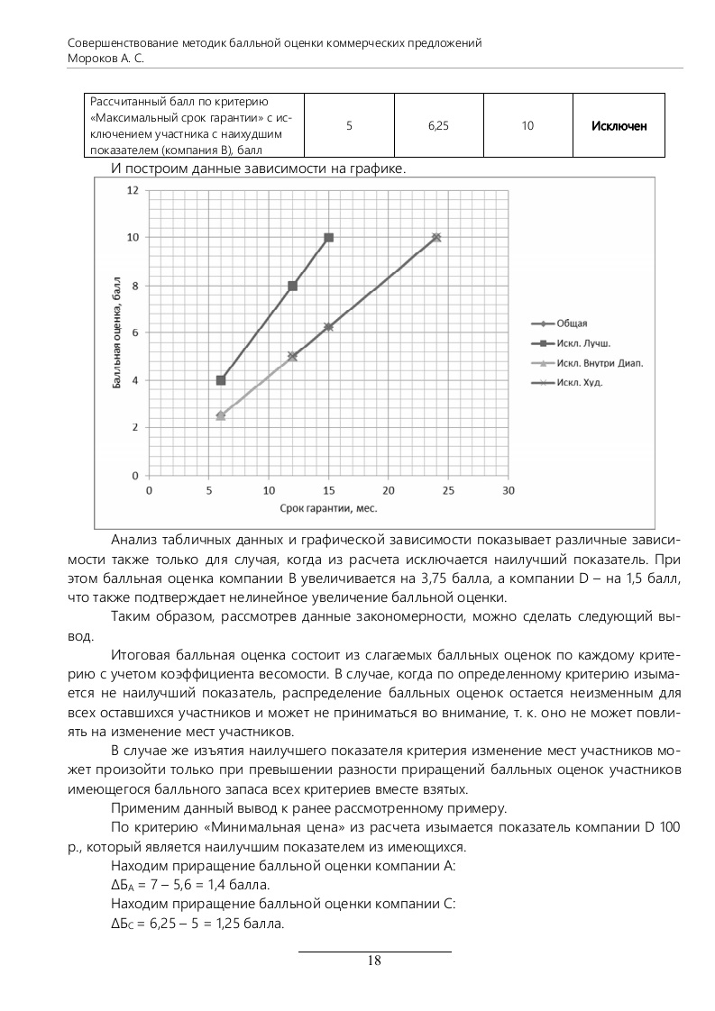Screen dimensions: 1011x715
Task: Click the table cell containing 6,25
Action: [x=438, y=126]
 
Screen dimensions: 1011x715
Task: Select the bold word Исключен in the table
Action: [x=619, y=126]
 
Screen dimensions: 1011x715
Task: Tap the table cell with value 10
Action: [x=527, y=126]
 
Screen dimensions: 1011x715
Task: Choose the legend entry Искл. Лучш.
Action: [x=583, y=343]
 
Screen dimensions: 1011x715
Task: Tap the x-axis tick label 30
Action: [x=508, y=490]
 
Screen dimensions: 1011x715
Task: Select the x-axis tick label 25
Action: [x=448, y=490]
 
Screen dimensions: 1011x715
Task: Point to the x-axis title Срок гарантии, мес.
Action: [x=328, y=508]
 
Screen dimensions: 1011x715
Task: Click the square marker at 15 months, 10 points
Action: [x=328, y=238]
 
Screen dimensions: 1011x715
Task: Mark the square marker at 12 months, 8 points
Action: [x=292, y=286]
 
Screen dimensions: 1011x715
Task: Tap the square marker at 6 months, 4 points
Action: [x=221, y=380]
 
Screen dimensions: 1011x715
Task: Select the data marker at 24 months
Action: [x=436, y=238]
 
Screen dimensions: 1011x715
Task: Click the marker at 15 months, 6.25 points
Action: [x=328, y=327]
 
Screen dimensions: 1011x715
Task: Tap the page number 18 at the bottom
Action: [x=374, y=961]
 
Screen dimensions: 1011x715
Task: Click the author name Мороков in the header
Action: [x=94, y=58]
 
